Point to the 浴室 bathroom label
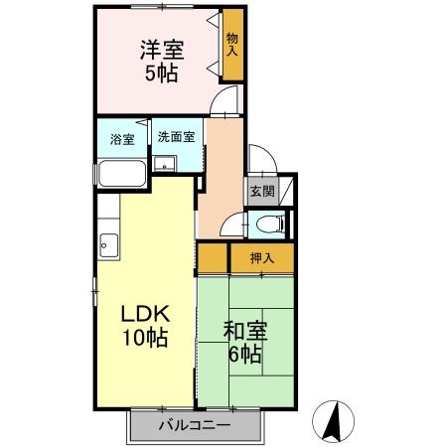[x=122, y=139]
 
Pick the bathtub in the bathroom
[x=123, y=175]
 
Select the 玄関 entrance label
[x=261, y=191]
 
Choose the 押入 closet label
[x=261, y=258]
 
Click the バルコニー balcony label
[x=195, y=425]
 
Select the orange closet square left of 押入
[x=213, y=258]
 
